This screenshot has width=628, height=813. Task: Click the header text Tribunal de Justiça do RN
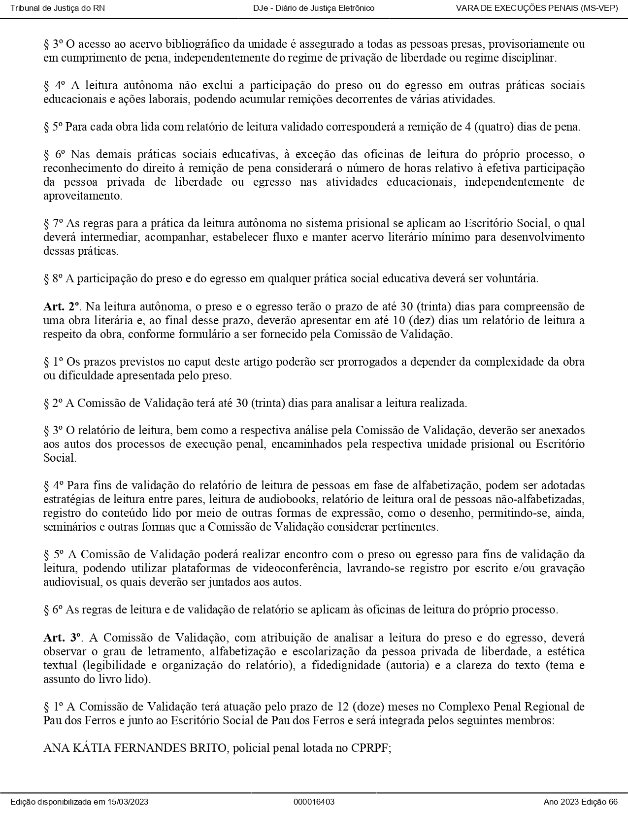(x=58, y=8)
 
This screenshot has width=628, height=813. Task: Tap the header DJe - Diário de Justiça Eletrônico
(x=314, y=8)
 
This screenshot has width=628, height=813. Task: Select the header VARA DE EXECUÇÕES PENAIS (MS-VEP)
(x=537, y=8)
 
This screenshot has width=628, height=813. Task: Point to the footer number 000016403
(x=314, y=802)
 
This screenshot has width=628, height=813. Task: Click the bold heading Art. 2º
(x=61, y=306)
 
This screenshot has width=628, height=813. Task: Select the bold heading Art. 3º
(x=62, y=638)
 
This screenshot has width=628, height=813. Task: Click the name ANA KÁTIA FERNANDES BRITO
(x=134, y=748)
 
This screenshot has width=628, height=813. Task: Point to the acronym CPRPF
(x=369, y=748)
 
